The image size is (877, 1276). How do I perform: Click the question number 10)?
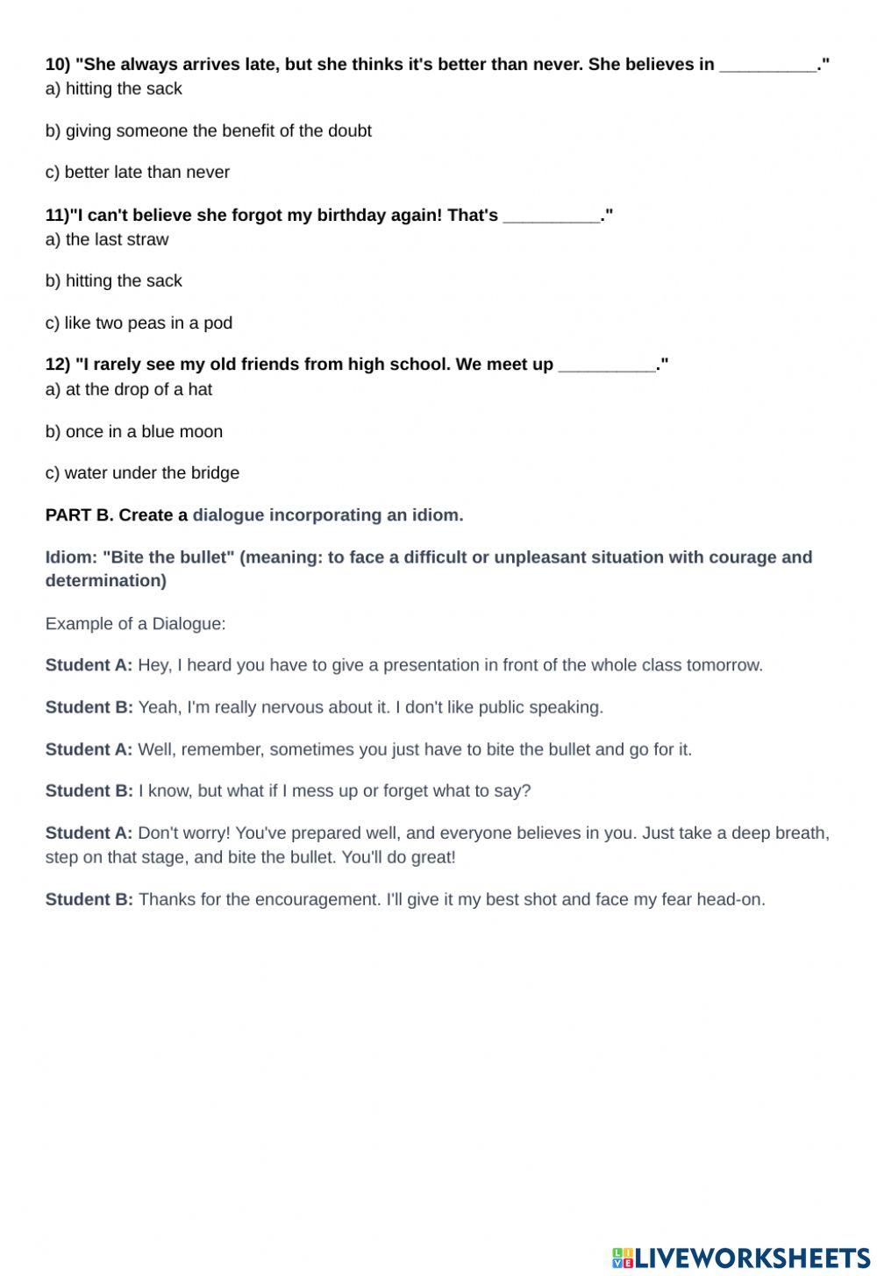pos(58,64)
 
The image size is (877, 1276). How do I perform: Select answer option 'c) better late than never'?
pos(138,173)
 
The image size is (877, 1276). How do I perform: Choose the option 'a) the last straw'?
pos(107,239)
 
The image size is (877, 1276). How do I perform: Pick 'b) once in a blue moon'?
pos(134,431)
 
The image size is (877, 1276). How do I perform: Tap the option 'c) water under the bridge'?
pos(142,473)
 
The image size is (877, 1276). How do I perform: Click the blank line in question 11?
pos(552,216)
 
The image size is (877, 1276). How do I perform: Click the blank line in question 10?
pos(768,66)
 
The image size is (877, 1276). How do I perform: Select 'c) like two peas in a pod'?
pos(139,323)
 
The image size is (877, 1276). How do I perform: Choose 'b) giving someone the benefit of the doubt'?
pos(209,131)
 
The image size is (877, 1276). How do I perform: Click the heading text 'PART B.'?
pos(79,515)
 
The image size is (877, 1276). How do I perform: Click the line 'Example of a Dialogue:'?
pos(135,624)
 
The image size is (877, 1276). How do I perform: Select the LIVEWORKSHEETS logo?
pos(741,1258)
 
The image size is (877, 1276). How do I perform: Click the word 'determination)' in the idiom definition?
pos(105,580)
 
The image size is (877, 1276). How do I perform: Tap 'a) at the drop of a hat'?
pos(129,389)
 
